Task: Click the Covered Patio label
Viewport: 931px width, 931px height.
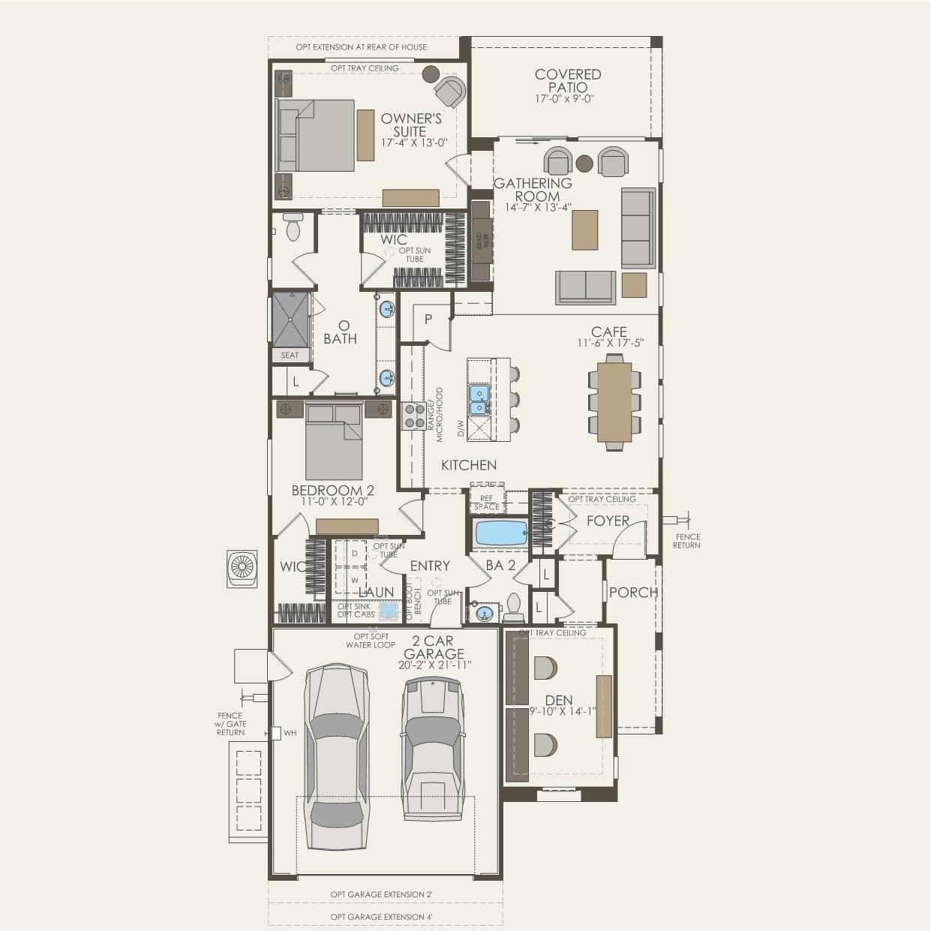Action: pyautogui.click(x=568, y=80)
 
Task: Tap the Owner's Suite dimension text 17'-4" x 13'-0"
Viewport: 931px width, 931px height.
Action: pyautogui.click(x=414, y=143)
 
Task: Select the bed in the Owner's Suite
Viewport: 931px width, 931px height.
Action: pyautogui.click(x=316, y=135)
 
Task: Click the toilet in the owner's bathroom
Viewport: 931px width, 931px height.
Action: pyautogui.click(x=293, y=226)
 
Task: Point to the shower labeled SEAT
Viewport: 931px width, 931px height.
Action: pyautogui.click(x=290, y=320)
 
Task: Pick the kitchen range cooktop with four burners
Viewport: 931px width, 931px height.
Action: pyautogui.click(x=413, y=416)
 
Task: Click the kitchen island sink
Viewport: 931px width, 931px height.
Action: pyautogui.click(x=479, y=399)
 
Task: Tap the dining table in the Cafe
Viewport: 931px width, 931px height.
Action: pyautogui.click(x=614, y=402)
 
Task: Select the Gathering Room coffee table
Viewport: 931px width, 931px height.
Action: pyautogui.click(x=585, y=230)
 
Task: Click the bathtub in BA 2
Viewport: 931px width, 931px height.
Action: pyautogui.click(x=501, y=533)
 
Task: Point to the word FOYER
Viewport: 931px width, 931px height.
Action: pyautogui.click(x=608, y=521)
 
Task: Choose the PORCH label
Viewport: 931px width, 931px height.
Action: pyautogui.click(x=633, y=593)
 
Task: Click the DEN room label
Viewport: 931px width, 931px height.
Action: pyautogui.click(x=559, y=701)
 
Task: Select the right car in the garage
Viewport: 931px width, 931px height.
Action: pyautogui.click(x=432, y=749)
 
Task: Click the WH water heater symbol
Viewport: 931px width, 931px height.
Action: pyautogui.click(x=276, y=733)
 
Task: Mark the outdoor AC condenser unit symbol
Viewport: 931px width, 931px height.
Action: pyautogui.click(x=242, y=569)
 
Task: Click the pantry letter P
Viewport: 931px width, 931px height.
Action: pyautogui.click(x=428, y=319)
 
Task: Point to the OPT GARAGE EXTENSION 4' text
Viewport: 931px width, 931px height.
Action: pyautogui.click(x=382, y=917)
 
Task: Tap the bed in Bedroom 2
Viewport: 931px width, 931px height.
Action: pyautogui.click(x=333, y=443)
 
